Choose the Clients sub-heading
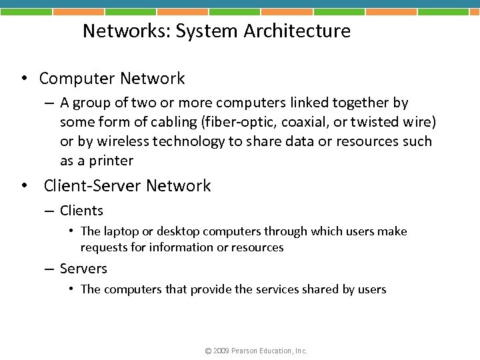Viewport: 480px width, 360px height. coord(81,211)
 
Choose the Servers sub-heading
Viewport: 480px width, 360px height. coord(83,269)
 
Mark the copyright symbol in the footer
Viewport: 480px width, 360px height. coord(208,351)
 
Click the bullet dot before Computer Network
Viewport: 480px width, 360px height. coord(23,79)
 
